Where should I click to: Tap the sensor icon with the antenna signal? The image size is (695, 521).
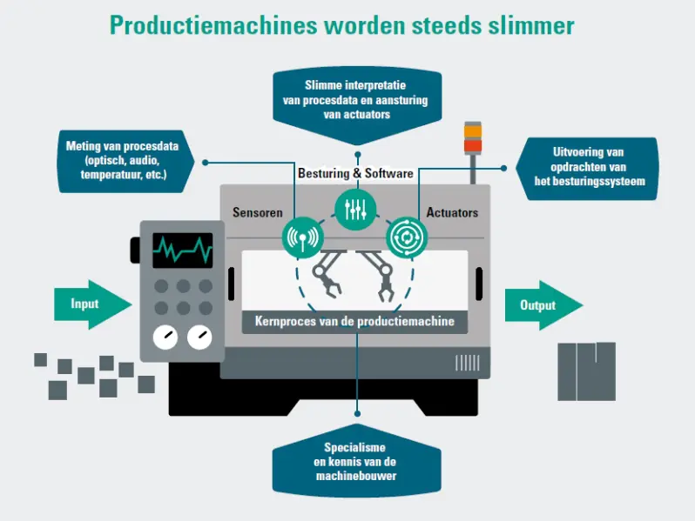(x=303, y=237)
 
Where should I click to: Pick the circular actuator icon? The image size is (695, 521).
(x=407, y=236)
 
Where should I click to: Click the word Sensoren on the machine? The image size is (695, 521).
(x=259, y=212)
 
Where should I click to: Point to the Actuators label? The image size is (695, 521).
(x=452, y=212)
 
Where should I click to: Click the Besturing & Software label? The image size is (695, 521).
(x=355, y=173)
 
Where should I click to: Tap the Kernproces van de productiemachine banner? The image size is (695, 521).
(x=354, y=321)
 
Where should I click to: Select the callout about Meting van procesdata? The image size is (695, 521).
(x=122, y=161)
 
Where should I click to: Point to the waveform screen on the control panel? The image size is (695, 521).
(x=182, y=251)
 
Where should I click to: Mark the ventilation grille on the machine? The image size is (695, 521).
(x=467, y=362)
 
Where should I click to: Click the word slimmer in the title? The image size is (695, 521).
(x=529, y=25)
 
